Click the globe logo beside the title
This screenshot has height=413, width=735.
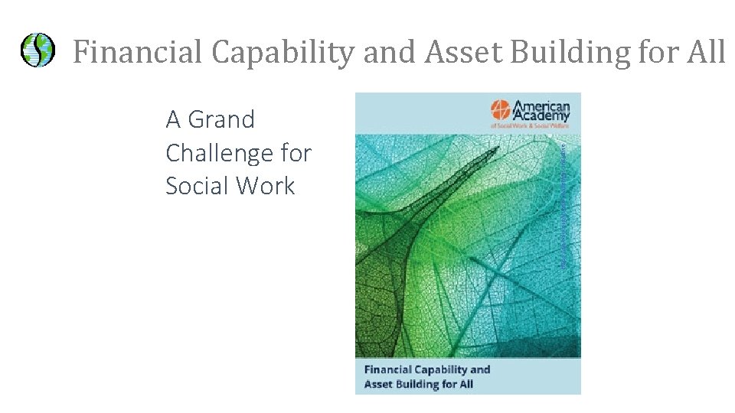pyautogui.click(x=37, y=50)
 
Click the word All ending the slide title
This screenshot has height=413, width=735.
pyautogui.click(x=706, y=52)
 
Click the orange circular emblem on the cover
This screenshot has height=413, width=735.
pyautogui.click(x=499, y=112)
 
